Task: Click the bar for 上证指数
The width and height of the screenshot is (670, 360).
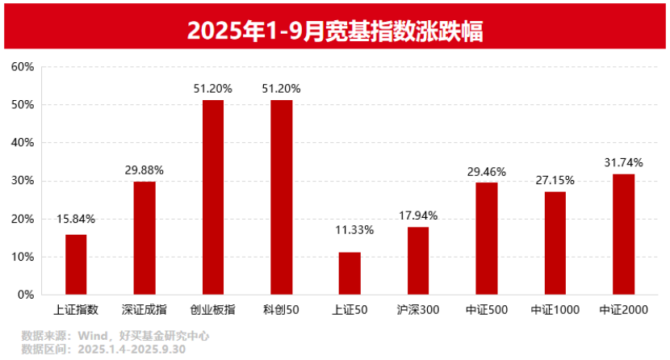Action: tap(76, 265)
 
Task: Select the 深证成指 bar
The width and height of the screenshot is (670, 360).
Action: tap(144, 238)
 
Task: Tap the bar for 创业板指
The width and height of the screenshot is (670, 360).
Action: tap(213, 198)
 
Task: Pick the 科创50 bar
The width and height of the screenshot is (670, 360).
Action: tap(282, 198)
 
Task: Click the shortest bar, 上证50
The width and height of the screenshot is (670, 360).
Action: tap(350, 274)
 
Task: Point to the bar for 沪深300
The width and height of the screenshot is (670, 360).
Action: tap(418, 261)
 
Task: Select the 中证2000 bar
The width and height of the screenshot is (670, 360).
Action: tap(623, 234)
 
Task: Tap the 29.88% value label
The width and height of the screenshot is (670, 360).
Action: tap(144, 170)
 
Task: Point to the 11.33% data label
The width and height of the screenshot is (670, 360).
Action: tap(350, 230)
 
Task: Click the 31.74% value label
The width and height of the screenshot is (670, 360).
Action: tap(623, 162)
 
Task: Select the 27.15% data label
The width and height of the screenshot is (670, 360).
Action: tap(555, 179)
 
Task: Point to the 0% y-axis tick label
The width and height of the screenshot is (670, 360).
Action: tap(25, 295)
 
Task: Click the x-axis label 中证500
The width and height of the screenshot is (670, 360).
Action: tap(486, 309)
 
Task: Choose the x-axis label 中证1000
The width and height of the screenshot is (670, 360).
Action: tap(555, 309)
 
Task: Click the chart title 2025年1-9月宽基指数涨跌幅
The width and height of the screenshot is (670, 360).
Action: tap(335, 30)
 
